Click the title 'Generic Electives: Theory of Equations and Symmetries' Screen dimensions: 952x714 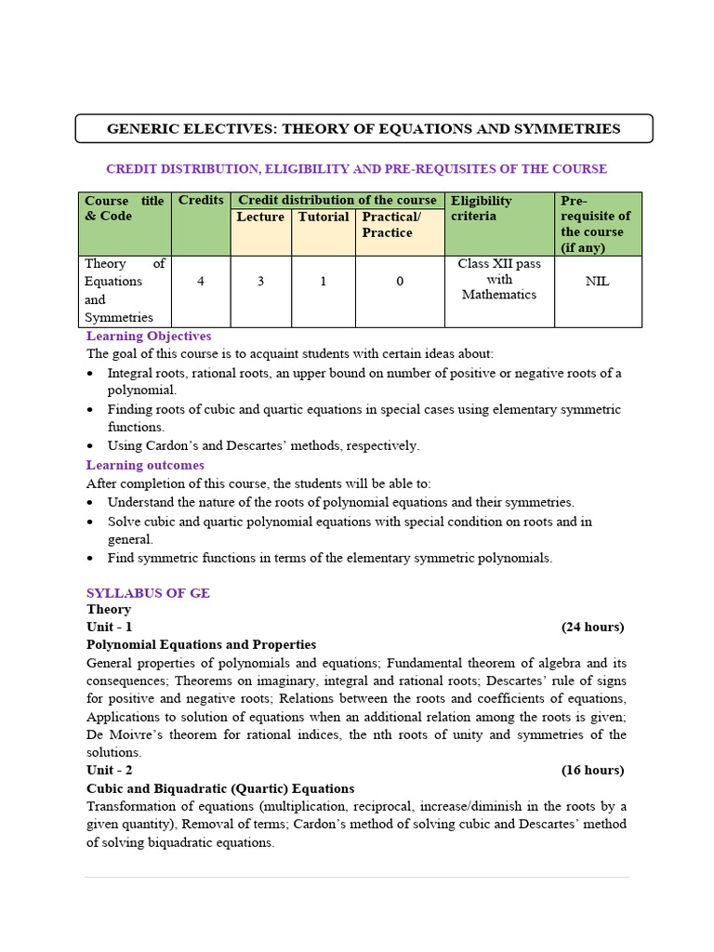364,129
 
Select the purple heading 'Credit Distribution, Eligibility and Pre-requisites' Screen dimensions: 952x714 356,169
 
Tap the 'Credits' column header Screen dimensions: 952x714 201,201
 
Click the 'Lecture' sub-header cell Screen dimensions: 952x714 260,218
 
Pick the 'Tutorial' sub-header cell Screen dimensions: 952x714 324,218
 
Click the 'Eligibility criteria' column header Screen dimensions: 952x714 482,208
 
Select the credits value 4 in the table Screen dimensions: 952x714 201,282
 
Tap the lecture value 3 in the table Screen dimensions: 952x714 261,282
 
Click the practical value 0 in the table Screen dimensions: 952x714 400,282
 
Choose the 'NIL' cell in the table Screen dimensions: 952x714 598,282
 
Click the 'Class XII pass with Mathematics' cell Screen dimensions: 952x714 499,279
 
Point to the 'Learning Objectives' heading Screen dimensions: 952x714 149,337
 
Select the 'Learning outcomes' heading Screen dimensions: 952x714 145,466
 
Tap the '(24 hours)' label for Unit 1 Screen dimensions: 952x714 592,628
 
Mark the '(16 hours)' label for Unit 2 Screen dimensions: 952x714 592,771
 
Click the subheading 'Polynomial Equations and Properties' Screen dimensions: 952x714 201,645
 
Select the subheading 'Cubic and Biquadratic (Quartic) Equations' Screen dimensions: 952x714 220,789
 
